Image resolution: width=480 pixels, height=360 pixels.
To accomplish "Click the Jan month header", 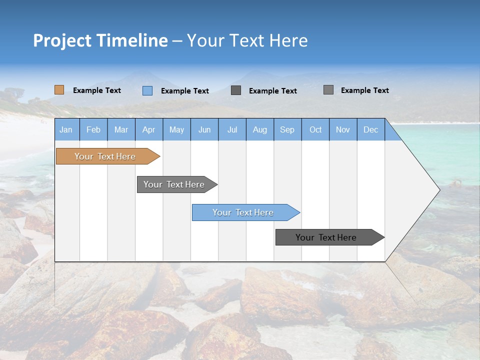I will click(66, 129).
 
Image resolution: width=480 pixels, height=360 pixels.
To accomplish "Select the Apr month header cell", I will click(148, 129).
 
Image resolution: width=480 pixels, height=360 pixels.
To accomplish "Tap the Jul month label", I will click(232, 129).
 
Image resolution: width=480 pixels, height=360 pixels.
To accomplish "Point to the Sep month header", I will click(287, 129).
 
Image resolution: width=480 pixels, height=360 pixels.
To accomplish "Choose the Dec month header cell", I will click(370, 129).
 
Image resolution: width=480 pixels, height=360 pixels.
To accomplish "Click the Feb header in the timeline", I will click(93, 129).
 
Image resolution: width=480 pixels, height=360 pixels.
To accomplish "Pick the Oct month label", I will click(315, 129).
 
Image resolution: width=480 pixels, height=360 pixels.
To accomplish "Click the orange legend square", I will click(59, 90).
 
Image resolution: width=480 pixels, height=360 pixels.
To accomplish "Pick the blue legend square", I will click(147, 90).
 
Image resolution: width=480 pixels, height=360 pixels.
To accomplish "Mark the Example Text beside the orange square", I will click(97, 90).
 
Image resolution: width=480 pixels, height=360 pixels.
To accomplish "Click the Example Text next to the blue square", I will click(185, 91).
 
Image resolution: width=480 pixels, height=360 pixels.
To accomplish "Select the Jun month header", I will click(204, 129).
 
